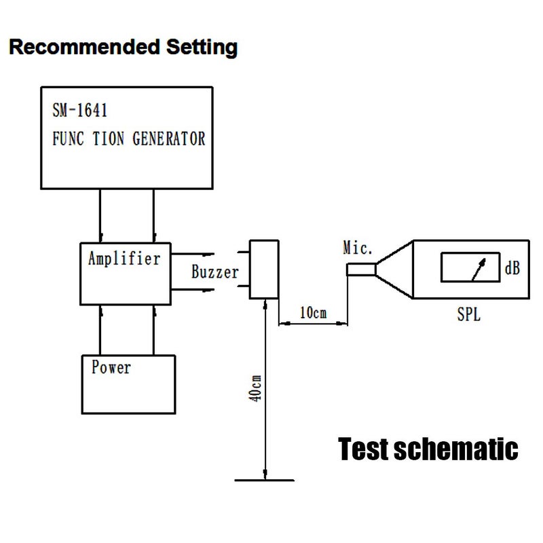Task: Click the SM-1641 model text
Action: (x=79, y=111)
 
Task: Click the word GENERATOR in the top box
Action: (x=169, y=138)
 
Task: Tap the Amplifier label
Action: (x=124, y=259)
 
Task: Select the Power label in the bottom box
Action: (x=111, y=367)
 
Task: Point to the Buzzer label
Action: (x=215, y=272)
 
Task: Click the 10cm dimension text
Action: (x=313, y=313)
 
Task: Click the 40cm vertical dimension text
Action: (x=255, y=388)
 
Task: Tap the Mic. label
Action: (x=358, y=248)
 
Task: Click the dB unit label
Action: (x=512, y=268)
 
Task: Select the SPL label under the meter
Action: (x=468, y=314)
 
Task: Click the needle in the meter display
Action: (x=479, y=269)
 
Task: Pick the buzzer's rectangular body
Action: (x=264, y=269)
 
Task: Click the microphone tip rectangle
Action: (x=361, y=269)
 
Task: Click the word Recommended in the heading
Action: (x=84, y=47)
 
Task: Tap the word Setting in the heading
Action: (x=202, y=48)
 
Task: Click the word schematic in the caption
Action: (x=455, y=449)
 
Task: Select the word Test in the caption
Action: (x=364, y=449)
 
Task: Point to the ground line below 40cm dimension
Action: (x=265, y=481)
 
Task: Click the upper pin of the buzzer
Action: (x=244, y=252)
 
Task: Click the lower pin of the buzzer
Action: (x=244, y=286)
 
